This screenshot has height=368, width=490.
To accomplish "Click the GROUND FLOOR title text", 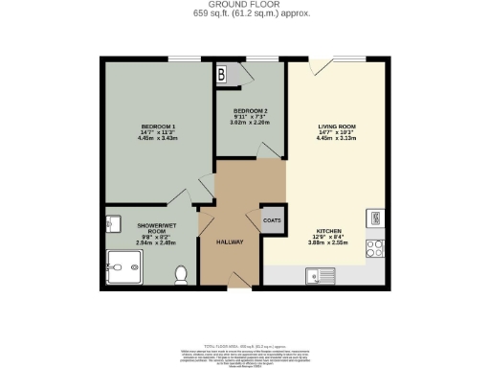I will point(244,5).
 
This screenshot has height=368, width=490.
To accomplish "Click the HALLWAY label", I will point(230,241).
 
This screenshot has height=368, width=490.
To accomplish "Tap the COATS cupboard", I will point(273,219).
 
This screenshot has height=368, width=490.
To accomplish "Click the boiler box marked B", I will point(222,73).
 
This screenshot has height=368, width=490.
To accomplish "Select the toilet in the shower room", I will point(179,275).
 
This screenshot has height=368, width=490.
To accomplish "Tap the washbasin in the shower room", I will point(111,224).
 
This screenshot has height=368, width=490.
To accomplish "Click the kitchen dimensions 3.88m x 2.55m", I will point(332,245).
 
